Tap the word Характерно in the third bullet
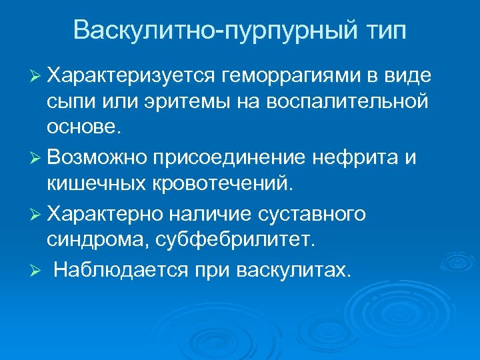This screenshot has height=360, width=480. (x=105, y=215)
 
